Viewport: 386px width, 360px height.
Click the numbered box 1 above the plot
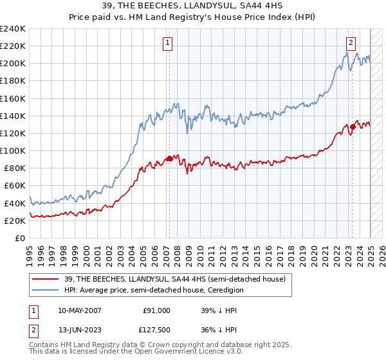167,43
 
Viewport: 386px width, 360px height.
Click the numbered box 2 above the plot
351,43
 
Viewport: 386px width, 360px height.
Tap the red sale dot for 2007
169,158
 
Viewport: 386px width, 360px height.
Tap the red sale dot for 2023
353,127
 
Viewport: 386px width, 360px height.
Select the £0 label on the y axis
21,238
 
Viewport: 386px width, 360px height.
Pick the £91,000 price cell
157,310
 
